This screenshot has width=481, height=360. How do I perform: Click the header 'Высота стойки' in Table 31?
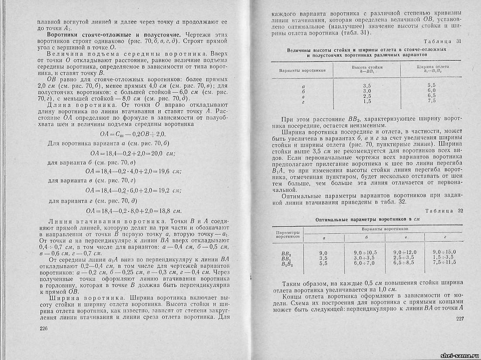(367, 69)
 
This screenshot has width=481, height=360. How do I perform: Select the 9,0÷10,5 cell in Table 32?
(366, 252)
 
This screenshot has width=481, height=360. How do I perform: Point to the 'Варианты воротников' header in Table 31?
(302, 70)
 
